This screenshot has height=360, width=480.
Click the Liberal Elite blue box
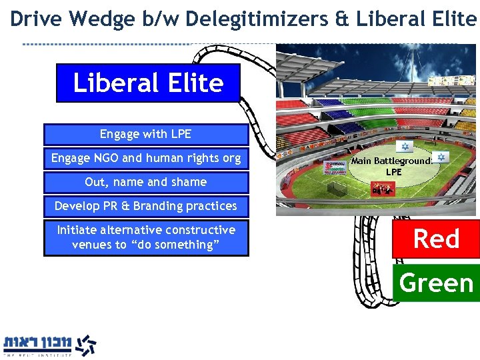(x=147, y=83)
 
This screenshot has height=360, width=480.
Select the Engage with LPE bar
(x=145, y=135)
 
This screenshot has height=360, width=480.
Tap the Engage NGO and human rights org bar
(x=145, y=159)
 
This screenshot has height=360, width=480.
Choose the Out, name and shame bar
(x=145, y=182)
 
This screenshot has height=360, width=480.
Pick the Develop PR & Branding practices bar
(x=145, y=206)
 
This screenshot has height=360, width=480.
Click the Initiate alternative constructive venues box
(x=145, y=237)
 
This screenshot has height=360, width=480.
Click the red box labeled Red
(x=436, y=239)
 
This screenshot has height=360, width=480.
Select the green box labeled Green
(x=436, y=283)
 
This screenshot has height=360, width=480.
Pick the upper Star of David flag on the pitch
(x=403, y=147)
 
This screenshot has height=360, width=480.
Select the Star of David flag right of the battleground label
(x=443, y=157)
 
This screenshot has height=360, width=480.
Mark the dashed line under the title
(x=107, y=44)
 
